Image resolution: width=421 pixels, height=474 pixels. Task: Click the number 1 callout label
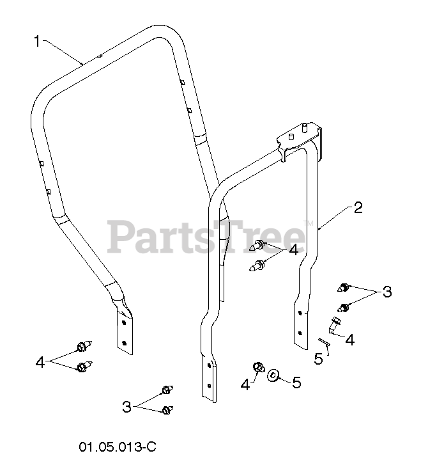37,42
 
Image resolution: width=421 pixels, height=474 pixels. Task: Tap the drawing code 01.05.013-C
118,446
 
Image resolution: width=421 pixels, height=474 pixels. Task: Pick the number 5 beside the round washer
296,383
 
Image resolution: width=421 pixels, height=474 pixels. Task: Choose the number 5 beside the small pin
318,359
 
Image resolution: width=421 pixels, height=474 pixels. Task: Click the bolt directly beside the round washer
259,368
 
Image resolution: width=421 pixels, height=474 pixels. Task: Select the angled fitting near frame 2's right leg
336,326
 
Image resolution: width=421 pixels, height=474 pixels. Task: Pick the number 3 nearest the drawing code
127,406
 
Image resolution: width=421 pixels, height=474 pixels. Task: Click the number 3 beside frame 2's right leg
387,292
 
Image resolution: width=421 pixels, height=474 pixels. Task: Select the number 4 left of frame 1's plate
40,363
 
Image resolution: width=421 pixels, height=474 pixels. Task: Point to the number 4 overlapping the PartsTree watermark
293,250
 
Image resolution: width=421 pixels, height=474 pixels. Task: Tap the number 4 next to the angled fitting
349,340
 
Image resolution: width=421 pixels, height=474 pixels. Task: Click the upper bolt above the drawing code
167,390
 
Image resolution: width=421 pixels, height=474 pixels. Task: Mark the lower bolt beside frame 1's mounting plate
82,367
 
